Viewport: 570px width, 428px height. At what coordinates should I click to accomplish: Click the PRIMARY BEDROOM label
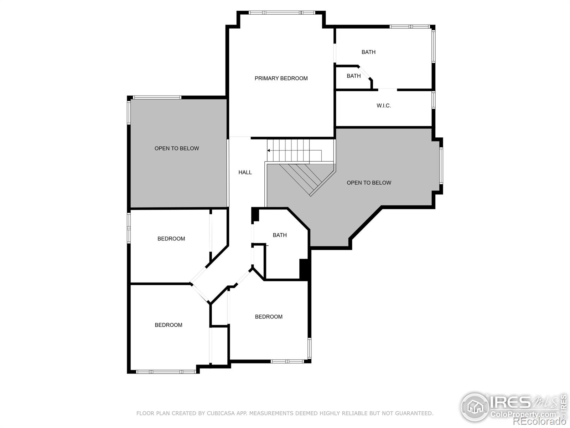281,78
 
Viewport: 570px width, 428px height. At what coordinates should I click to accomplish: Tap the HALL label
245,173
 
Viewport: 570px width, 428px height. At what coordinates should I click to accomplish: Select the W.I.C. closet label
384,106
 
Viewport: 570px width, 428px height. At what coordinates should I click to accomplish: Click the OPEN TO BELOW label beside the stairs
369,183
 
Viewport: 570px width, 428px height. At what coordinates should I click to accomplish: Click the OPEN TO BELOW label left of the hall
177,148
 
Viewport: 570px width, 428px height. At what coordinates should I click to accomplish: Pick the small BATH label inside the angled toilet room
354,76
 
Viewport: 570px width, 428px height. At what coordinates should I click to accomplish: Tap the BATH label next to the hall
280,235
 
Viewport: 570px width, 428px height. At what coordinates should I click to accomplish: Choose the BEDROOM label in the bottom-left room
169,325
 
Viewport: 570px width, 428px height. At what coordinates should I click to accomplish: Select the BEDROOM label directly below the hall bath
269,317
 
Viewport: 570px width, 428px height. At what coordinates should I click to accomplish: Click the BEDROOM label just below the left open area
171,239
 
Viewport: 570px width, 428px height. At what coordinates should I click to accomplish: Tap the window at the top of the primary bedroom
281,13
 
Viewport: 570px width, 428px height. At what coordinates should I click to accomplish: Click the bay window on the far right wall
441,166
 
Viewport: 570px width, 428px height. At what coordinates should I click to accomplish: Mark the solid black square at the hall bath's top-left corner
255,215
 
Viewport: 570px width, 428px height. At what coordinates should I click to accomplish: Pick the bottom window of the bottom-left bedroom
166,372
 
